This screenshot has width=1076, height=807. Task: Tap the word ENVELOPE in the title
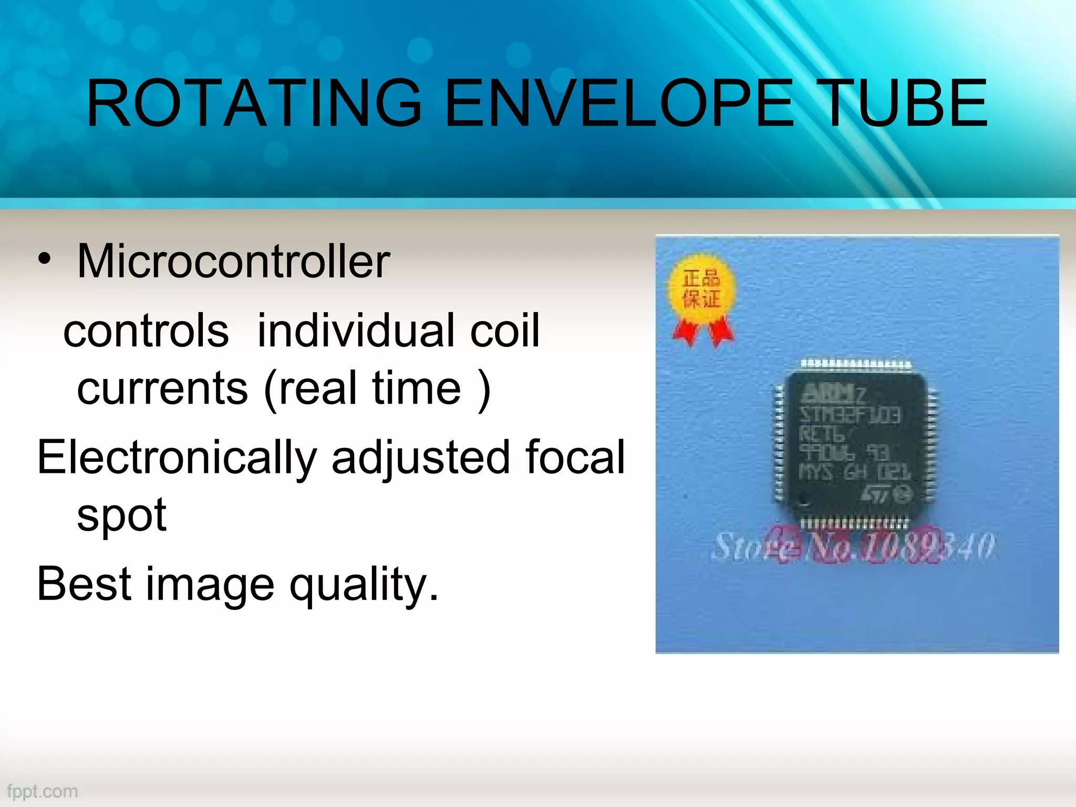pyautogui.click(x=620, y=103)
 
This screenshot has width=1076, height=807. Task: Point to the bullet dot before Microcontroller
pyautogui.click(x=45, y=259)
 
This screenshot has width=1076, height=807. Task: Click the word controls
pyautogui.click(x=146, y=330)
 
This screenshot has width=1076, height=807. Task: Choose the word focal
pyautogui.click(x=575, y=457)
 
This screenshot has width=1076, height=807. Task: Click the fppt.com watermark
pyautogui.click(x=43, y=791)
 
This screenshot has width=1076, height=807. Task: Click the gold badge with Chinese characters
pyautogui.click(x=701, y=289)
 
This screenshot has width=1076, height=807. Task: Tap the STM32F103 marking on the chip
pyautogui.click(x=850, y=415)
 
